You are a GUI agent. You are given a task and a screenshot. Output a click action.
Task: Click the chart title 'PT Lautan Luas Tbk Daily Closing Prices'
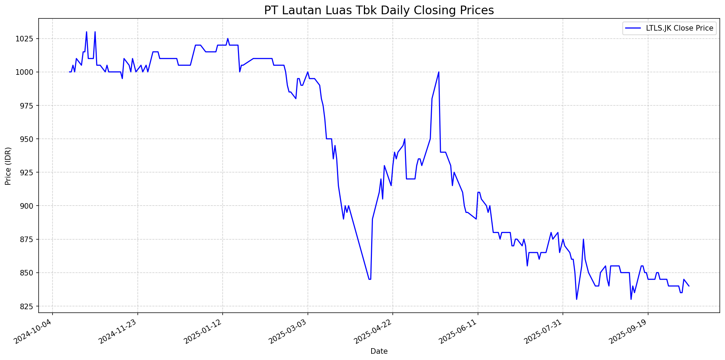(379, 10)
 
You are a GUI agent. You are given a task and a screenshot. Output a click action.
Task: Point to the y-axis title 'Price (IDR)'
(8, 166)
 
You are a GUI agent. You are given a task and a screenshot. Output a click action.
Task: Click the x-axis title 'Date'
(379, 351)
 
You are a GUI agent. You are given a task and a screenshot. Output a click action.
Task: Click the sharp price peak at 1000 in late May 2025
(439, 72)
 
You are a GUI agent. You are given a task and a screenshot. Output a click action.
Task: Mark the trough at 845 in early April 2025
(370, 279)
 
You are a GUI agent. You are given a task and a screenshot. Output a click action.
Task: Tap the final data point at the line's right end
(689, 286)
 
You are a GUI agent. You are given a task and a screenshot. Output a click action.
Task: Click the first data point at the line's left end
(70, 72)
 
